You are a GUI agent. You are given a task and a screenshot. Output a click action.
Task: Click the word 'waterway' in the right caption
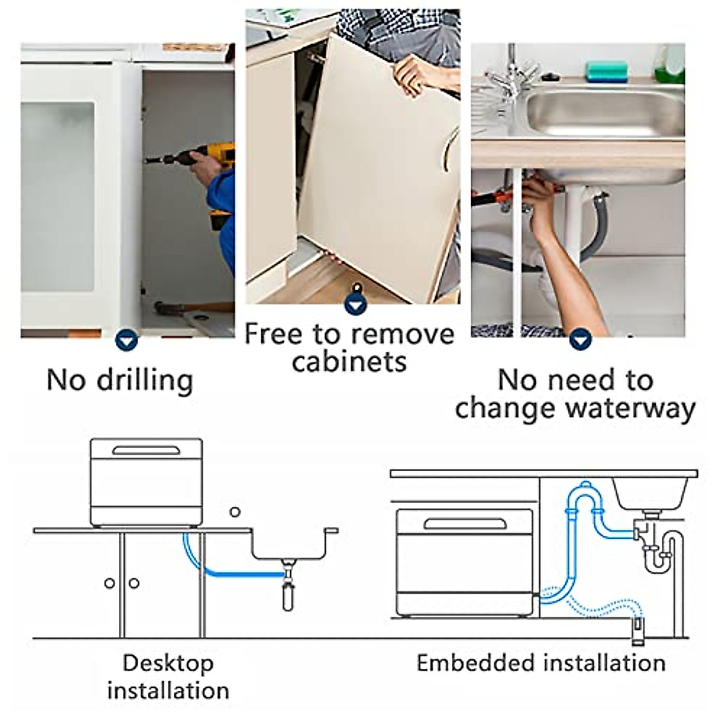point(631,408)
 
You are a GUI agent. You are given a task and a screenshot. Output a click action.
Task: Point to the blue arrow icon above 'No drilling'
point(126,341)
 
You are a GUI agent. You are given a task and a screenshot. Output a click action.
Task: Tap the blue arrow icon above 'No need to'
point(580,340)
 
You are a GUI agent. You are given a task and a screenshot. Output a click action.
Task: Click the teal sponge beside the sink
point(607,71)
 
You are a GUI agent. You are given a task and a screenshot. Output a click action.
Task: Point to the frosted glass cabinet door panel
point(57,196)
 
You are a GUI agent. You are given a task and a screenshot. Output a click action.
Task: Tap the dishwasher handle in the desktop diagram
point(146,450)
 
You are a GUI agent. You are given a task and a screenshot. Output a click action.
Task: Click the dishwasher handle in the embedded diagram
point(463,523)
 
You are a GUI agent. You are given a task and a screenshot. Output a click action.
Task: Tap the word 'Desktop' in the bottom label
point(168,663)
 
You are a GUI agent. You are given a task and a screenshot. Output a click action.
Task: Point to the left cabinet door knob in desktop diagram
point(109,583)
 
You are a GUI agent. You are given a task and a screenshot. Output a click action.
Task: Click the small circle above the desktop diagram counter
point(235,512)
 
